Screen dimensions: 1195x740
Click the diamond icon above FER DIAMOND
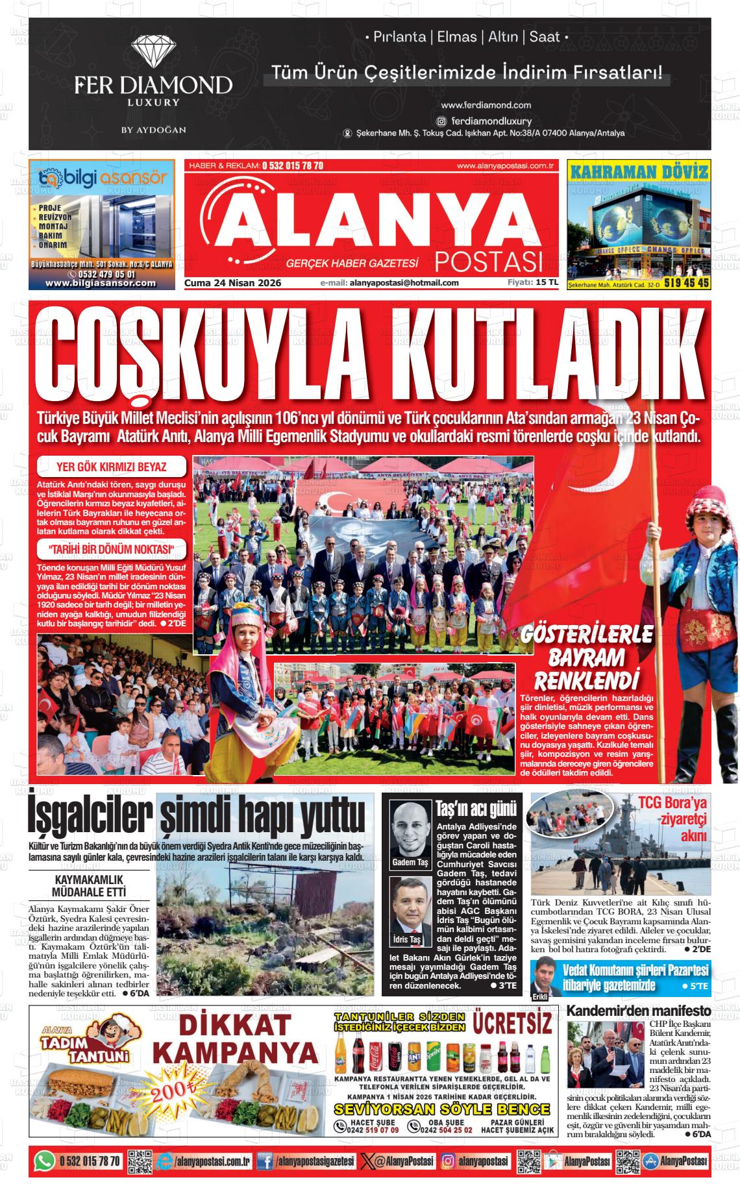(153, 53)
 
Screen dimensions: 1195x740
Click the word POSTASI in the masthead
(488, 261)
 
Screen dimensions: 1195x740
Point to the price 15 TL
(547, 282)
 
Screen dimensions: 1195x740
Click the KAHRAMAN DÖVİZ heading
(639, 172)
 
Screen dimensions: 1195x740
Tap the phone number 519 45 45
(687, 284)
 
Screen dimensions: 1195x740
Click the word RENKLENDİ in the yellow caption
(583, 681)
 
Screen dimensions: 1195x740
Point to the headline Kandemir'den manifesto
(639, 1011)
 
